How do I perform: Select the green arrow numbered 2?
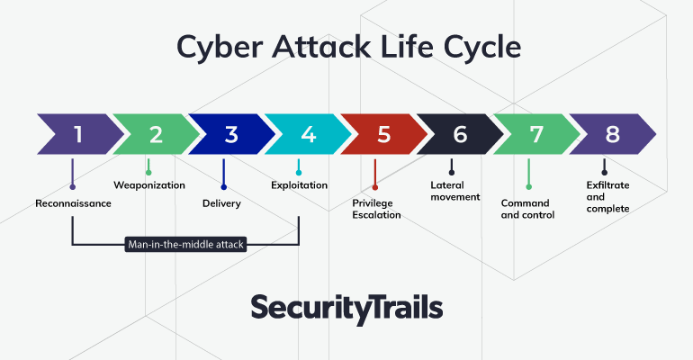156,134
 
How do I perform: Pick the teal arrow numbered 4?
308,134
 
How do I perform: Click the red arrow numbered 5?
384,134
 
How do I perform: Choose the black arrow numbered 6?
460,134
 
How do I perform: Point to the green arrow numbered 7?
536,134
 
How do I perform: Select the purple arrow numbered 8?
612,134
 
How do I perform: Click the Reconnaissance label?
74,203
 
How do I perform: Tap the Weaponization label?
149,185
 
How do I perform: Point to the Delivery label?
222,203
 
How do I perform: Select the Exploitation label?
300,185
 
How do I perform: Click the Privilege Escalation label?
376,210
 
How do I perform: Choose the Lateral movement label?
455,192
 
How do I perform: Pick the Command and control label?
527,210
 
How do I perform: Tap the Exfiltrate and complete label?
608,197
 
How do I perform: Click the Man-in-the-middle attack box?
185,244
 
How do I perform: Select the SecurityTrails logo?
346,309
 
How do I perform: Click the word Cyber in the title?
220,48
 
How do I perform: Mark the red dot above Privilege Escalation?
374,187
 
